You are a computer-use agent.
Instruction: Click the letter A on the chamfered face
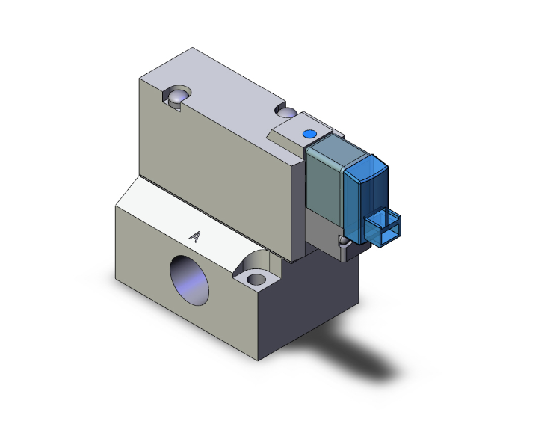pos(196,236)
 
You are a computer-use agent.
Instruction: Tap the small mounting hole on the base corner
pos(256,280)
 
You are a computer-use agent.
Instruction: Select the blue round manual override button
pos(309,134)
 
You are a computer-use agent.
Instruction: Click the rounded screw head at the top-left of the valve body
pos(176,97)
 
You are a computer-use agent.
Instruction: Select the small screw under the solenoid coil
pos(345,241)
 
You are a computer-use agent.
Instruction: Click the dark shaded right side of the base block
pos(314,307)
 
